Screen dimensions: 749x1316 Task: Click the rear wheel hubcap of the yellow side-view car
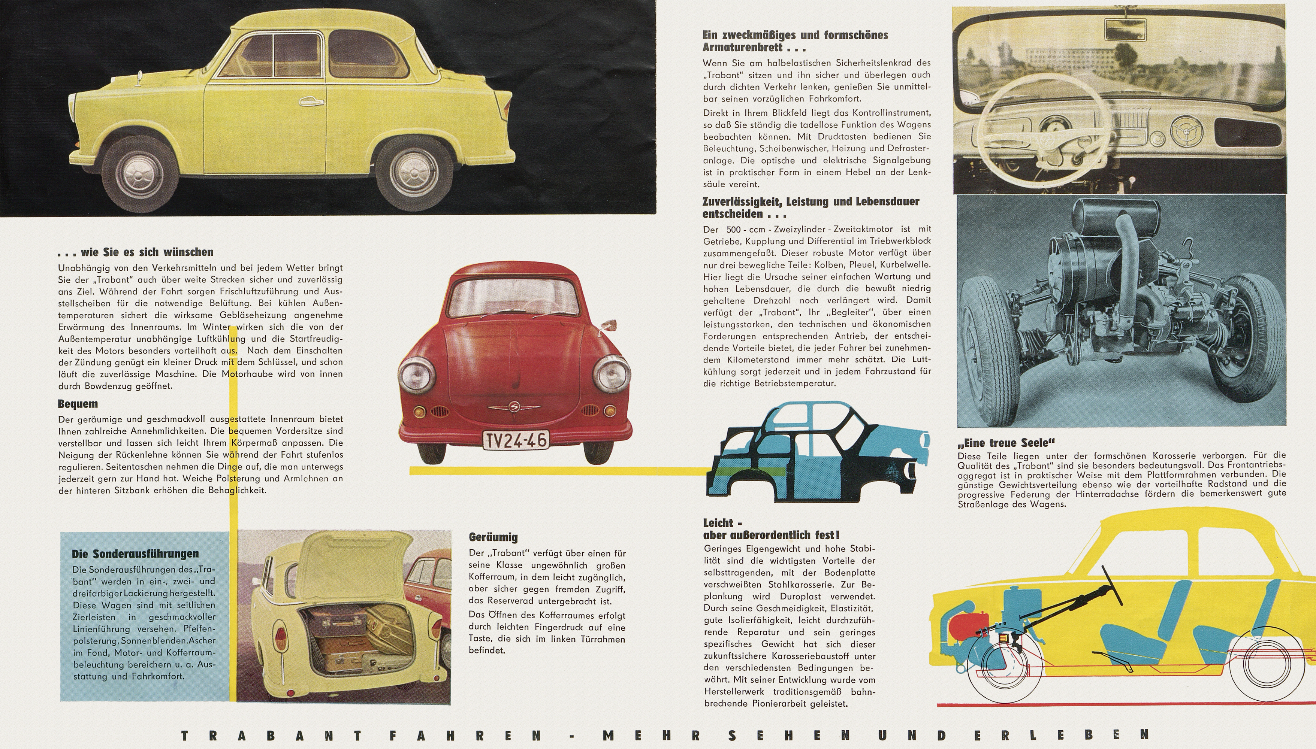click(x=413, y=171)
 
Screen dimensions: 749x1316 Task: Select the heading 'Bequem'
click(x=78, y=404)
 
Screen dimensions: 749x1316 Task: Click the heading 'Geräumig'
click(x=493, y=537)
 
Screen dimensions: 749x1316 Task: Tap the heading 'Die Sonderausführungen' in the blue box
click(x=135, y=554)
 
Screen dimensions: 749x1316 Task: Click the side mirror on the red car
click(x=610, y=325)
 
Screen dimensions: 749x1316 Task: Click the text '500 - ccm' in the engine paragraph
click(x=746, y=229)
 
